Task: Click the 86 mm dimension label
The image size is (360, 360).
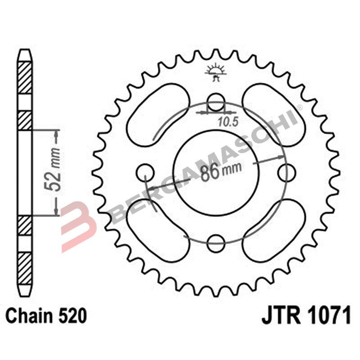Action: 220,172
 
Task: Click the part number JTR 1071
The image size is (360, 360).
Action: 306,316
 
